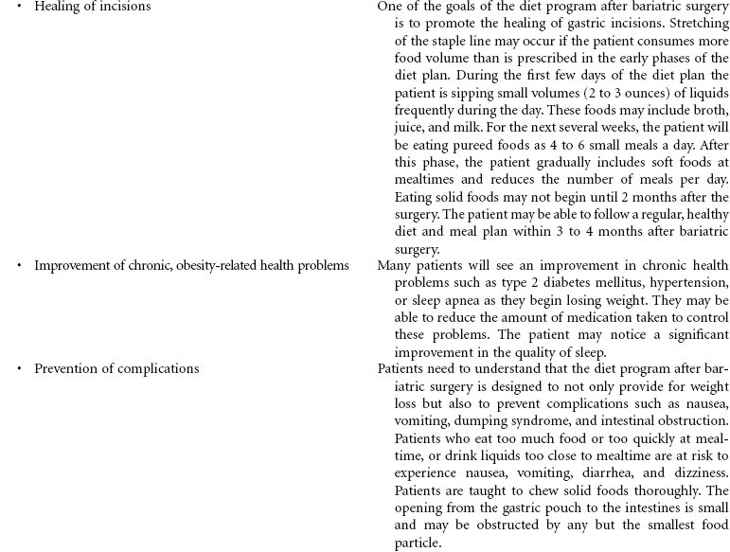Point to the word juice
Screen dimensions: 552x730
click(410, 128)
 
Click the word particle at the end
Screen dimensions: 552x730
click(417, 543)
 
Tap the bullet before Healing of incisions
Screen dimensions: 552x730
click(19, 7)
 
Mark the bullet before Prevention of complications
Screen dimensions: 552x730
click(19, 369)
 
